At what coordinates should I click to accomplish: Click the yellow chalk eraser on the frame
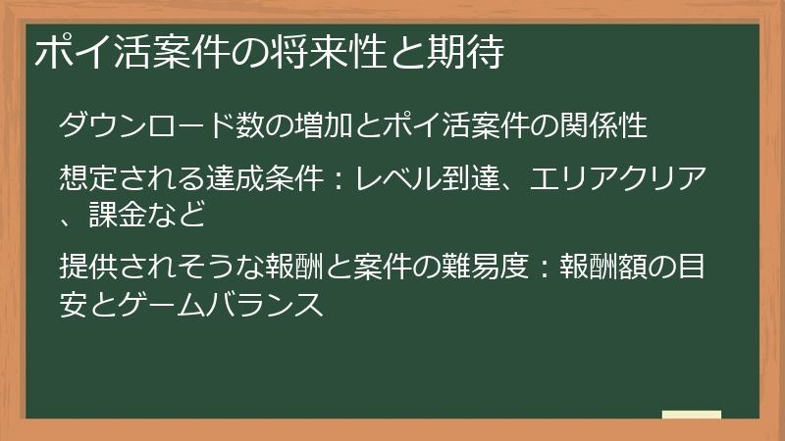pyautogui.click(x=692, y=416)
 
